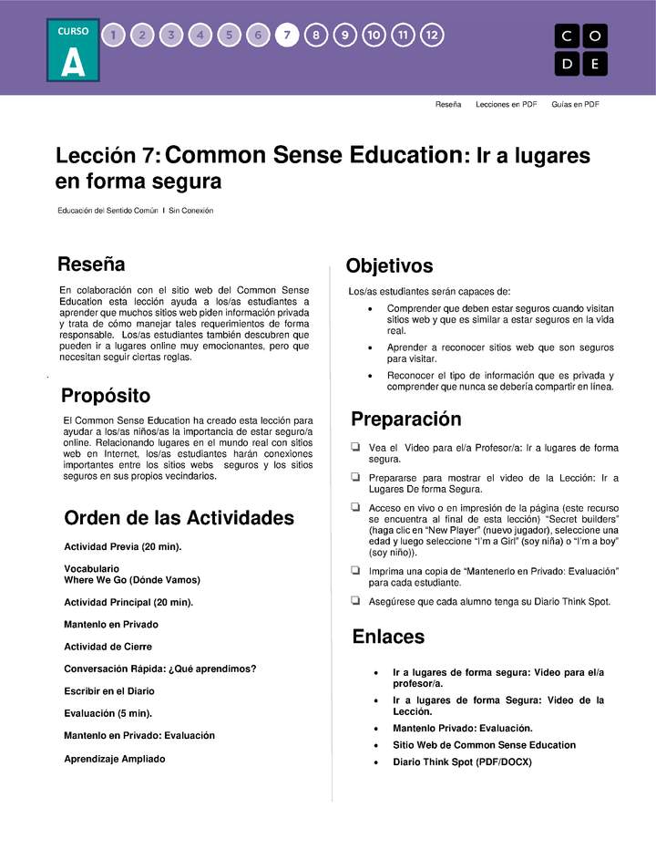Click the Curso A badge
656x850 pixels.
tap(74, 52)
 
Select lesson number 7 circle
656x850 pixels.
tap(287, 36)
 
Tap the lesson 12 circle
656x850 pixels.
tap(432, 36)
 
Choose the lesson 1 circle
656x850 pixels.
tap(113, 36)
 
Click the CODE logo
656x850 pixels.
tap(580, 50)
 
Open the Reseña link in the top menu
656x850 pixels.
tap(447, 105)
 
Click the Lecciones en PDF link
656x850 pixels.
tap(506, 105)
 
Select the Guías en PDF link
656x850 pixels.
tap(575, 105)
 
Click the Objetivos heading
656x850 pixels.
tap(389, 266)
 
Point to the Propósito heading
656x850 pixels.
tap(106, 396)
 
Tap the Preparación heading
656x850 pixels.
tap(406, 420)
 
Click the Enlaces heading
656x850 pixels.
tap(388, 637)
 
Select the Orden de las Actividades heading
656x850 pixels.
tap(179, 518)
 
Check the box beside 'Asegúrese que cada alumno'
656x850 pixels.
tap(354, 601)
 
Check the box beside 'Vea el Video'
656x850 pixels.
tap(354, 448)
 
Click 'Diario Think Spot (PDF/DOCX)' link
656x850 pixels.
tap(462, 762)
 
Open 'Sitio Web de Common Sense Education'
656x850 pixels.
tap(484, 745)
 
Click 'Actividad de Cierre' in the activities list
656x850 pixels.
tap(108, 647)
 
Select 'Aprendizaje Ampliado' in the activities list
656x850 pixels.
tap(115, 759)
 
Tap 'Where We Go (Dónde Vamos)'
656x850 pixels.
tap(132, 580)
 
